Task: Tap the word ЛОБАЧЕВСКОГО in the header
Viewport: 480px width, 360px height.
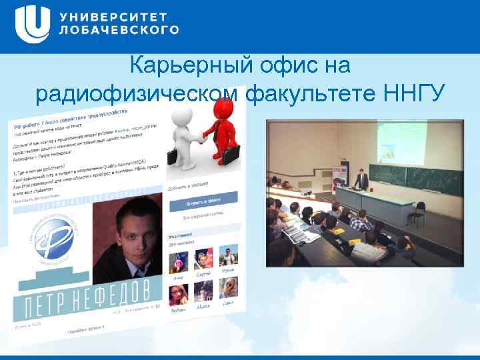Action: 119,30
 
